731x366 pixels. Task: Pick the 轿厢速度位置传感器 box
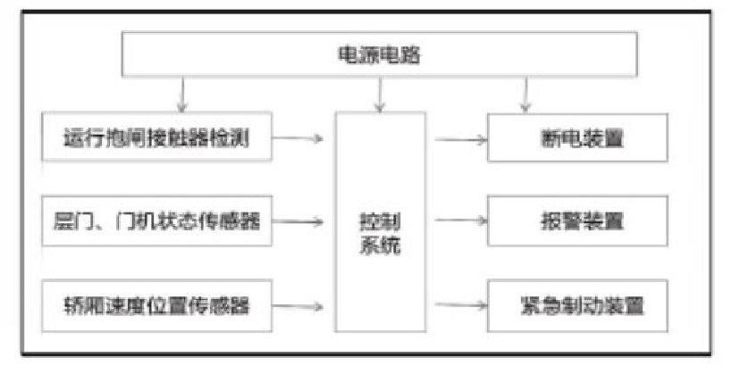(x=155, y=306)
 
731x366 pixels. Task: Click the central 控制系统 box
(x=380, y=221)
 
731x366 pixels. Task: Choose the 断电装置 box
(x=577, y=138)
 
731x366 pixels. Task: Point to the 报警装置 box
(x=577, y=220)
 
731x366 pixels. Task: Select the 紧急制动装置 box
(x=577, y=306)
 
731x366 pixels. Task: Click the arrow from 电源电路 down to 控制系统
(x=381, y=93)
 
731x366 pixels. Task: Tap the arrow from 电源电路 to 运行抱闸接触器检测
(x=183, y=93)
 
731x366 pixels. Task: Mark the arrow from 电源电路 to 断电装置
(x=525, y=93)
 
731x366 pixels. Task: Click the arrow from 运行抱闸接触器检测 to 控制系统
(x=303, y=138)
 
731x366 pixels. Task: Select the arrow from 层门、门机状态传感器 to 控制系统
(x=303, y=221)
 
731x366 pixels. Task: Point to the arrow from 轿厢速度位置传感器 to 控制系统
(x=303, y=306)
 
